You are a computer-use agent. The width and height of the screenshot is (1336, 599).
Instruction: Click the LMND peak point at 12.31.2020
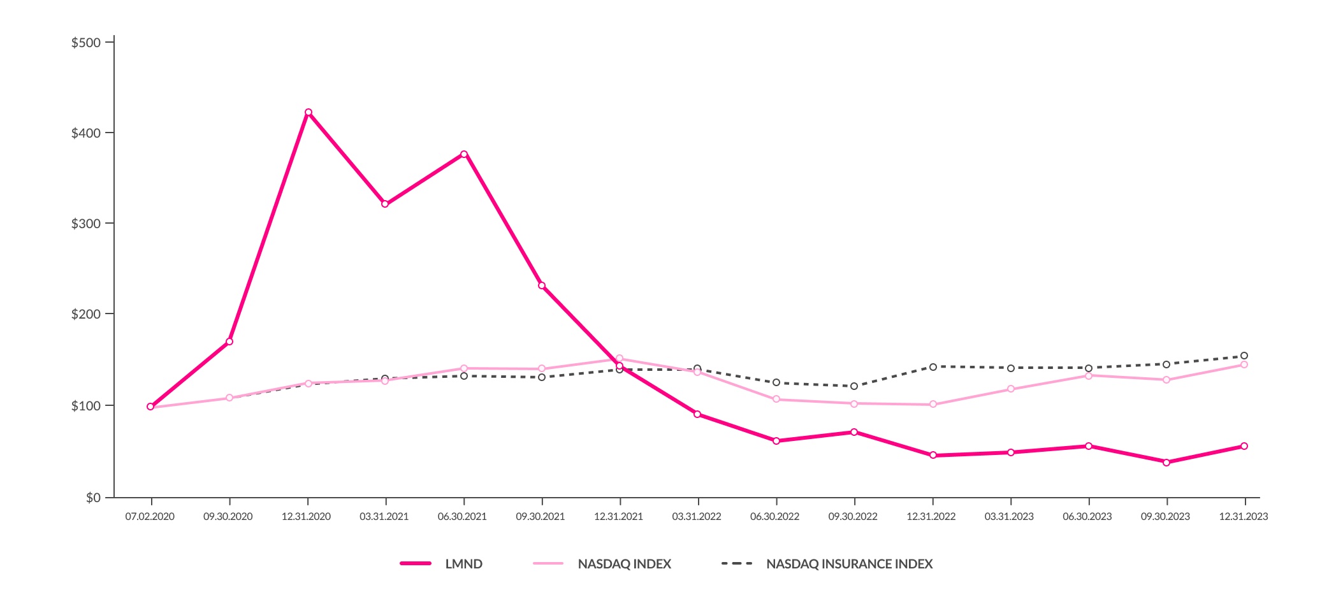tap(309, 112)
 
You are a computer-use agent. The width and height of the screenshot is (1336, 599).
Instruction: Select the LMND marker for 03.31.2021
tap(385, 204)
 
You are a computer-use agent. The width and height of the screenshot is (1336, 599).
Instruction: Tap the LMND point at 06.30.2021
tap(464, 154)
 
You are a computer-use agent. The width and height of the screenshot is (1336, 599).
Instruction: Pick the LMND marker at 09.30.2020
tap(229, 342)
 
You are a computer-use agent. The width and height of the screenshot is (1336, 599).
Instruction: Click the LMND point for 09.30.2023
tap(1166, 463)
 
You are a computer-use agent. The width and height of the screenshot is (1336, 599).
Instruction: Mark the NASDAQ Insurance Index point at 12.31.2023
tap(1244, 356)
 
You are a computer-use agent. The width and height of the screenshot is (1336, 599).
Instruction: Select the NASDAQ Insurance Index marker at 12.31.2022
tap(933, 367)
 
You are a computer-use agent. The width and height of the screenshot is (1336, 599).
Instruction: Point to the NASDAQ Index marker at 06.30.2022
tap(776, 400)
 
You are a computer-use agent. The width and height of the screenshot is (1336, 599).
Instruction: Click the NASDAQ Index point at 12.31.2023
tap(1244, 364)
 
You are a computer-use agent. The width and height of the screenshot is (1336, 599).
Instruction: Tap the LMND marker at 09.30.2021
tap(542, 285)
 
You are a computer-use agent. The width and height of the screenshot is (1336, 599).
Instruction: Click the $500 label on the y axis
tap(86, 43)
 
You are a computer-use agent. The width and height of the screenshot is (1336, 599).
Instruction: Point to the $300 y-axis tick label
tap(86, 224)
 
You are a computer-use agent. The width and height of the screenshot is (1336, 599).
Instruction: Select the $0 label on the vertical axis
tap(93, 498)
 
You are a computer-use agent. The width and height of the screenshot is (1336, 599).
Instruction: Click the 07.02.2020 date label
tap(150, 516)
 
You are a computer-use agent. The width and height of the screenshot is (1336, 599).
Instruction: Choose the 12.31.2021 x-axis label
tap(618, 516)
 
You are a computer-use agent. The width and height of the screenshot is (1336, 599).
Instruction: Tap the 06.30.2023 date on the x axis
tap(1087, 516)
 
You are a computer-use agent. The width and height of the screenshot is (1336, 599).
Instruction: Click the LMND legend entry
tap(463, 564)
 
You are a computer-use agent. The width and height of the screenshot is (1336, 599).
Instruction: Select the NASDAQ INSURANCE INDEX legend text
tap(849, 564)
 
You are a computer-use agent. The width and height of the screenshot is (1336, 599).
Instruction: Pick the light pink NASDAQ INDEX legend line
tap(548, 563)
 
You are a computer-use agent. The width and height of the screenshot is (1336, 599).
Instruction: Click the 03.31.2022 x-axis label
tap(697, 516)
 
